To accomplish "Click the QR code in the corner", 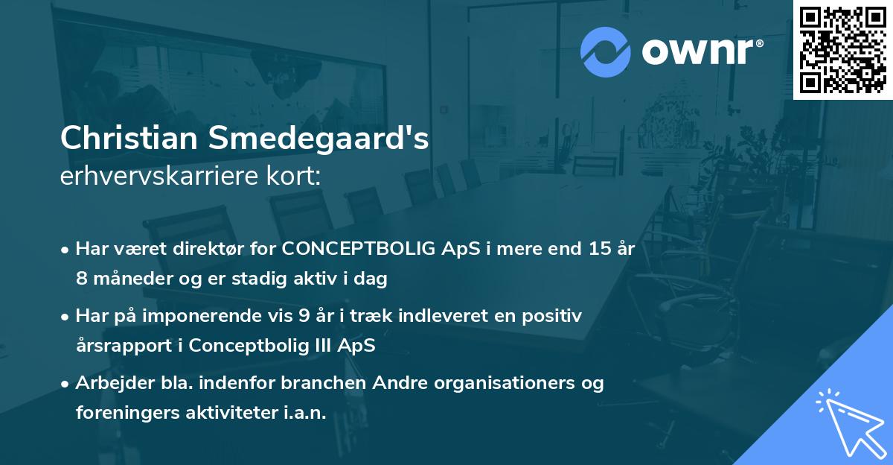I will point(842,50).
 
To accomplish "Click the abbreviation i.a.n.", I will point(306,414).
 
